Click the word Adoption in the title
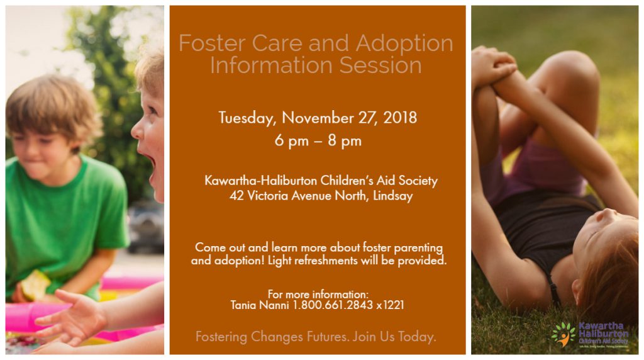(x=404, y=43)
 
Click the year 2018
(x=397, y=118)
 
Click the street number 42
(x=236, y=195)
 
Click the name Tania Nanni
(x=260, y=305)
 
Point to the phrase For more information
(x=318, y=295)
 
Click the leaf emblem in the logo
(x=563, y=333)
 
